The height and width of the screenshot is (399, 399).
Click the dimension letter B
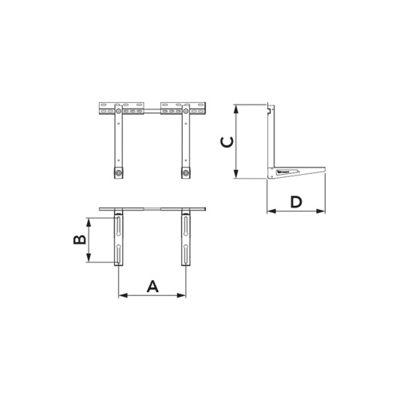click(x=80, y=239)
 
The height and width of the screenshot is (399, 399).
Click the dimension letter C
click(x=227, y=142)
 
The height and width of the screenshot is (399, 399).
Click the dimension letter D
click(x=296, y=201)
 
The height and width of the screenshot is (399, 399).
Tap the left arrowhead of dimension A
click(x=121, y=295)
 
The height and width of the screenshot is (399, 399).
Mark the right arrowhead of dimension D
click(x=323, y=212)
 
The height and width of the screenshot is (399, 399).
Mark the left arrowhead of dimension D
click(x=269, y=212)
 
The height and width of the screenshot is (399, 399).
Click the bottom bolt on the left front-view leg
click(x=118, y=173)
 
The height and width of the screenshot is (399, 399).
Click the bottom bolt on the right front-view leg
click(x=186, y=173)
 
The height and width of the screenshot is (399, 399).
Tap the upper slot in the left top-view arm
click(x=119, y=226)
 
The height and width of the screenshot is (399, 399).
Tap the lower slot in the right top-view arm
click(x=186, y=255)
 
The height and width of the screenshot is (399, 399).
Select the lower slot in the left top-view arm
click(x=119, y=255)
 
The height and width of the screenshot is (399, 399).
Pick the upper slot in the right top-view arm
click(x=186, y=226)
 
